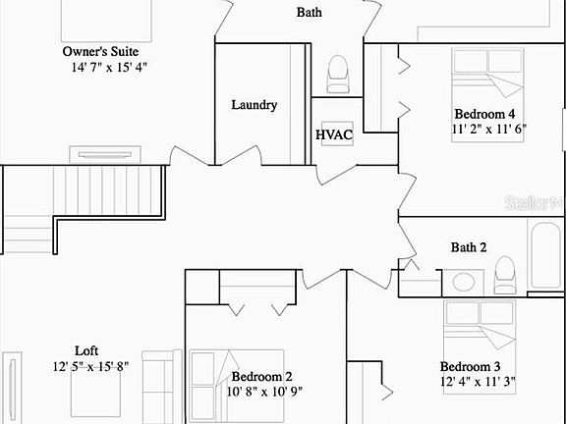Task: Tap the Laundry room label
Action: (254, 105)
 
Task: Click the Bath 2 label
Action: (469, 247)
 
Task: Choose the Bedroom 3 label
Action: (478, 365)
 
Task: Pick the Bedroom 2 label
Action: (262, 376)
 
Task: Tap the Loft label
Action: (86, 350)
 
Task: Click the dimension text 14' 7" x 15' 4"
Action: (109, 68)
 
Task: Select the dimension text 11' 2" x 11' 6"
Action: (489, 129)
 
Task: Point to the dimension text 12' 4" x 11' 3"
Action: (478, 381)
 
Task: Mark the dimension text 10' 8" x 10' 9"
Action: (264, 392)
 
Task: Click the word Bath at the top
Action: (310, 13)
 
